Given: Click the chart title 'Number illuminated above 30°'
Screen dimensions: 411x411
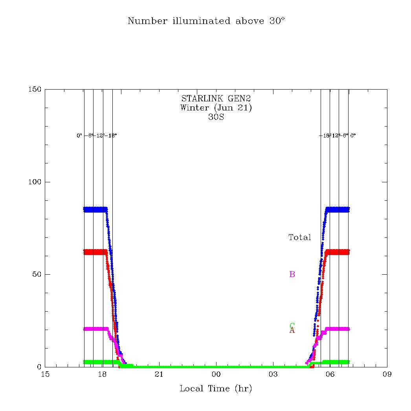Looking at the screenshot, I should (x=206, y=21).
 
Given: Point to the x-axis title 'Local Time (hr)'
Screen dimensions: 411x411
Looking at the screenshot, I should (x=216, y=389).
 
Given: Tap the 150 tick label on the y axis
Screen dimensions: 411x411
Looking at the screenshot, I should (x=35, y=90).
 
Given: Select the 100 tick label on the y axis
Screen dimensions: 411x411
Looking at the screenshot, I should (x=35, y=182).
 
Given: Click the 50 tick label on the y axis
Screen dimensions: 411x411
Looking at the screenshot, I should (x=37, y=274).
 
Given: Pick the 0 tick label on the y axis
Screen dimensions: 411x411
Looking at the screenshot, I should (x=39, y=367).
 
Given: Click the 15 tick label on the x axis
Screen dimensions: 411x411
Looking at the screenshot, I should (x=45, y=374).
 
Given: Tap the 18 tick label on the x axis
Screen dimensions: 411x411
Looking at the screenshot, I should (x=102, y=374).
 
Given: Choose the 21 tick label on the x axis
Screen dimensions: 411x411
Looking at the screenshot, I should (x=159, y=374).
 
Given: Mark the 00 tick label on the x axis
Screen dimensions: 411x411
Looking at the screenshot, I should (x=216, y=374).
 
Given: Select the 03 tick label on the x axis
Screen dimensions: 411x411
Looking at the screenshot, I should (x=273, y=374).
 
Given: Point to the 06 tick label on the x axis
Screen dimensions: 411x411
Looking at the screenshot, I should (x=330, y=374).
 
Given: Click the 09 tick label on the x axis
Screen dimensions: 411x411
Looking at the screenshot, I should (x=387, y=374).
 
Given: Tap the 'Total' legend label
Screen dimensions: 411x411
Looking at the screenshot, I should (x=300, y=237).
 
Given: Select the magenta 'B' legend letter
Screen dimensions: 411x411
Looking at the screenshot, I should (x=292, y=274).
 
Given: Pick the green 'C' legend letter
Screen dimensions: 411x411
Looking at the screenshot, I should (x=292, y=325).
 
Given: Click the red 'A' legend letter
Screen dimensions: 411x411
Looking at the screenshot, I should (x=292, y=331).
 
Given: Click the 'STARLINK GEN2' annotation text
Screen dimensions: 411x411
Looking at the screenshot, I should (x=216, y=99).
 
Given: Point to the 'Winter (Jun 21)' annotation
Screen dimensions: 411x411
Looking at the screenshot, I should (x=216, y=108).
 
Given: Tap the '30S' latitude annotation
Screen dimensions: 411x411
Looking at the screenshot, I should (x=216, y=117).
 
